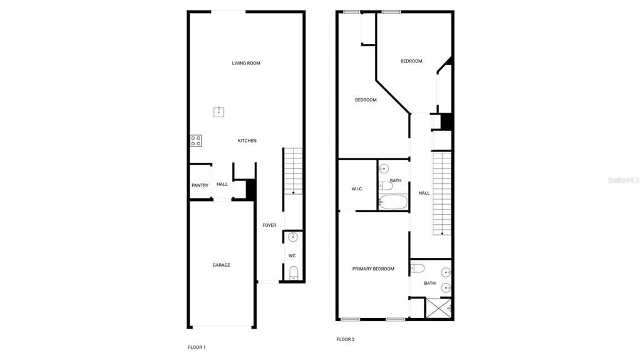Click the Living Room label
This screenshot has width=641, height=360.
click(x=246, y=63)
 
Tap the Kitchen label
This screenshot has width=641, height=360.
click(x=247, y=141)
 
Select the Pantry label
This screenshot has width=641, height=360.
click(x=200, y=185)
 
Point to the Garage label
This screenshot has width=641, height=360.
click(x=221, y=265)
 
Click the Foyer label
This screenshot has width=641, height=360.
click(x=269, y=225)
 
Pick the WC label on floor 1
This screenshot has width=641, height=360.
click(x=292, y=255)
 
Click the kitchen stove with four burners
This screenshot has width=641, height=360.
click(x=196, y=141)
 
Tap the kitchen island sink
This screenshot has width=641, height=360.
click(x=218, y=111)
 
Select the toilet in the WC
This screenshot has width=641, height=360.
click(x=294, y=272)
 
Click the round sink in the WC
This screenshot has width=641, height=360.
click(x=293, y=237)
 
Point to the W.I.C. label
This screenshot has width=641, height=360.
click(x=357, y=188)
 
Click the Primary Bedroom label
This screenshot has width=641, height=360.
click(x=373, y=269)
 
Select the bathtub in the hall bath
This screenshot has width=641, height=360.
click(x=393, y=202)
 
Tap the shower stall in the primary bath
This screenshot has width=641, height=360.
click(x=438, y=309)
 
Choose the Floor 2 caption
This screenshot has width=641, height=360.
click(x=346, y=339)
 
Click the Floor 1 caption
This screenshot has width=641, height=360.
click(x=197, y=347)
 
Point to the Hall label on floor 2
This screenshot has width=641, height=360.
click(x=424, y=193)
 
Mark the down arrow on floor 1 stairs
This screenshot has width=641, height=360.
click(x=293, y=192)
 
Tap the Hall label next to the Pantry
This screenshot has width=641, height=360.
click(x=222, y=184)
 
